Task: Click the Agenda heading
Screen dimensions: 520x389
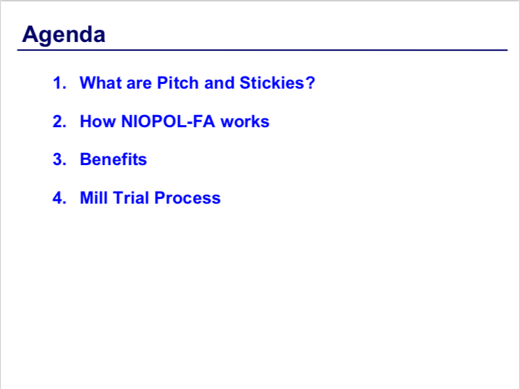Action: pyautogui.click(x=64, y=35)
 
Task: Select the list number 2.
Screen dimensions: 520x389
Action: pyautogui.click(x=60, y=121)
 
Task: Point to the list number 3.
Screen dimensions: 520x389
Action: pyautogui.click(x=60, y=160)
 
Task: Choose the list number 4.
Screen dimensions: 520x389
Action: pyautogui.click(x=60, y=198)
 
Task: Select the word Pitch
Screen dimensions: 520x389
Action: pyautogui.click(x=178, y=83)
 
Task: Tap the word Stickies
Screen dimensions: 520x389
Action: pyautogui.click(x=272, y=83)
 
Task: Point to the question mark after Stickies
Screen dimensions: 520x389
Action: pyautogui.click(x=310, y=83)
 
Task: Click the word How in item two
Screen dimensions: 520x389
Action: pyautogui.click(x=98, y=121)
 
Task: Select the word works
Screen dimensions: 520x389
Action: pyautogui.click(x=244, y=121)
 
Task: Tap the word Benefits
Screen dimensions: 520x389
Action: pyautogui.click(x=114, y=160)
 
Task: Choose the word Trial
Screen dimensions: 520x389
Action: pyautogui.click(x=131, y=198)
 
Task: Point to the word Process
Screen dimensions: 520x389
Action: pyautogui.click(x=188, y=198)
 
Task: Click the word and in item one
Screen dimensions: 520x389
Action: pyautogui.click(x=219, y=83)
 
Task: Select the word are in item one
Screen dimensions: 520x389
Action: pyautogui.click(x=139, y=83)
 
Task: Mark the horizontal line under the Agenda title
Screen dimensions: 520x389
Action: pyautogui.click(x=262, y=50)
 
